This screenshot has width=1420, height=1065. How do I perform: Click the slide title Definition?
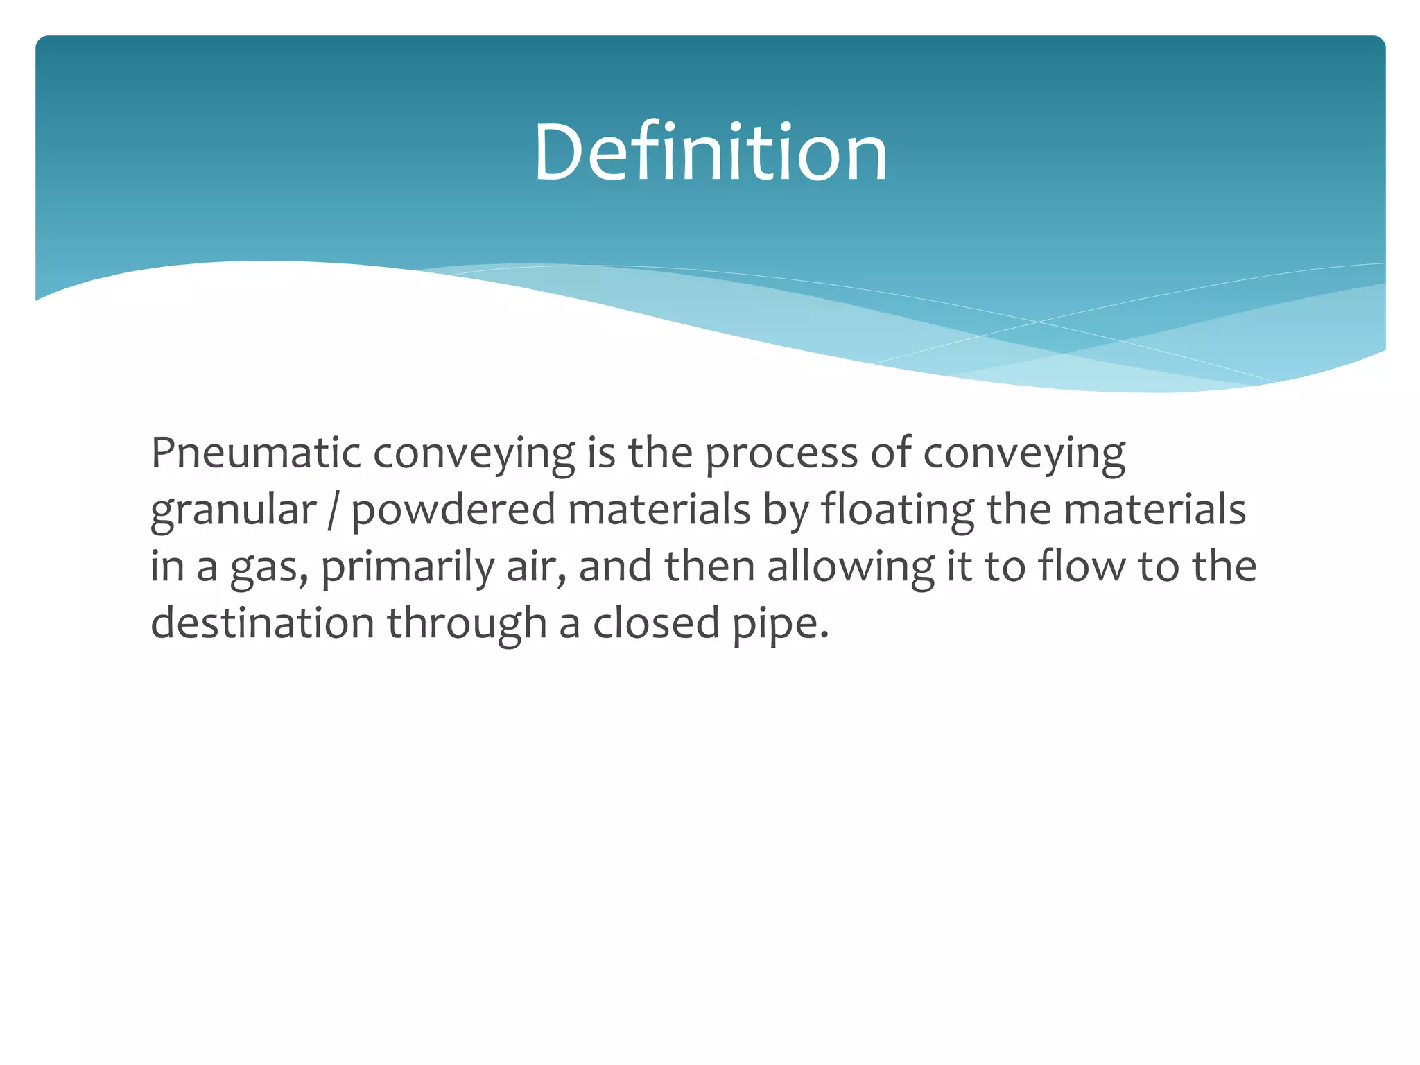[x=710, y=152]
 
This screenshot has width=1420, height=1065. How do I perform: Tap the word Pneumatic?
[x=256, y=453]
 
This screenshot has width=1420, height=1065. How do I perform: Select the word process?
[x=781, y=455]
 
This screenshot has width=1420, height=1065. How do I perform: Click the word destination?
[x=263, y=623]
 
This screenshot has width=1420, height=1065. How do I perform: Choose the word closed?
[x=656, y=623]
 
